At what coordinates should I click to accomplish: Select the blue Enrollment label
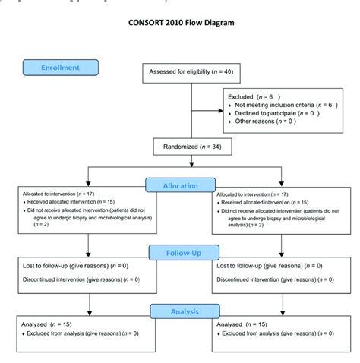pyautogui.click(x=61, y=68)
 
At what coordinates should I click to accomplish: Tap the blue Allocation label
pyautogui.click(x=180, y=185)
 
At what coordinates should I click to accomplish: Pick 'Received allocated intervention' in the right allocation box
pyautogui.click(x=255, y=202)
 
